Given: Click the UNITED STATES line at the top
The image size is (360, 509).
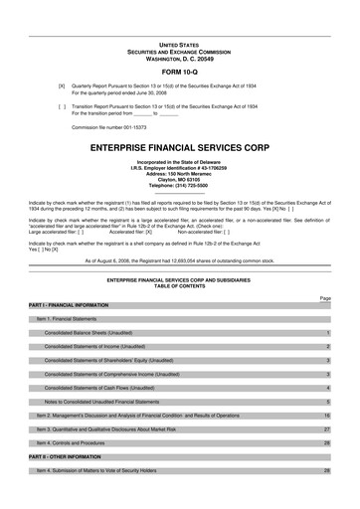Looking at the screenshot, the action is pos(180,46).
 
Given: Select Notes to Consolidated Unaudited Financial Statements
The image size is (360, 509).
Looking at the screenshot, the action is pos(115,402).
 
